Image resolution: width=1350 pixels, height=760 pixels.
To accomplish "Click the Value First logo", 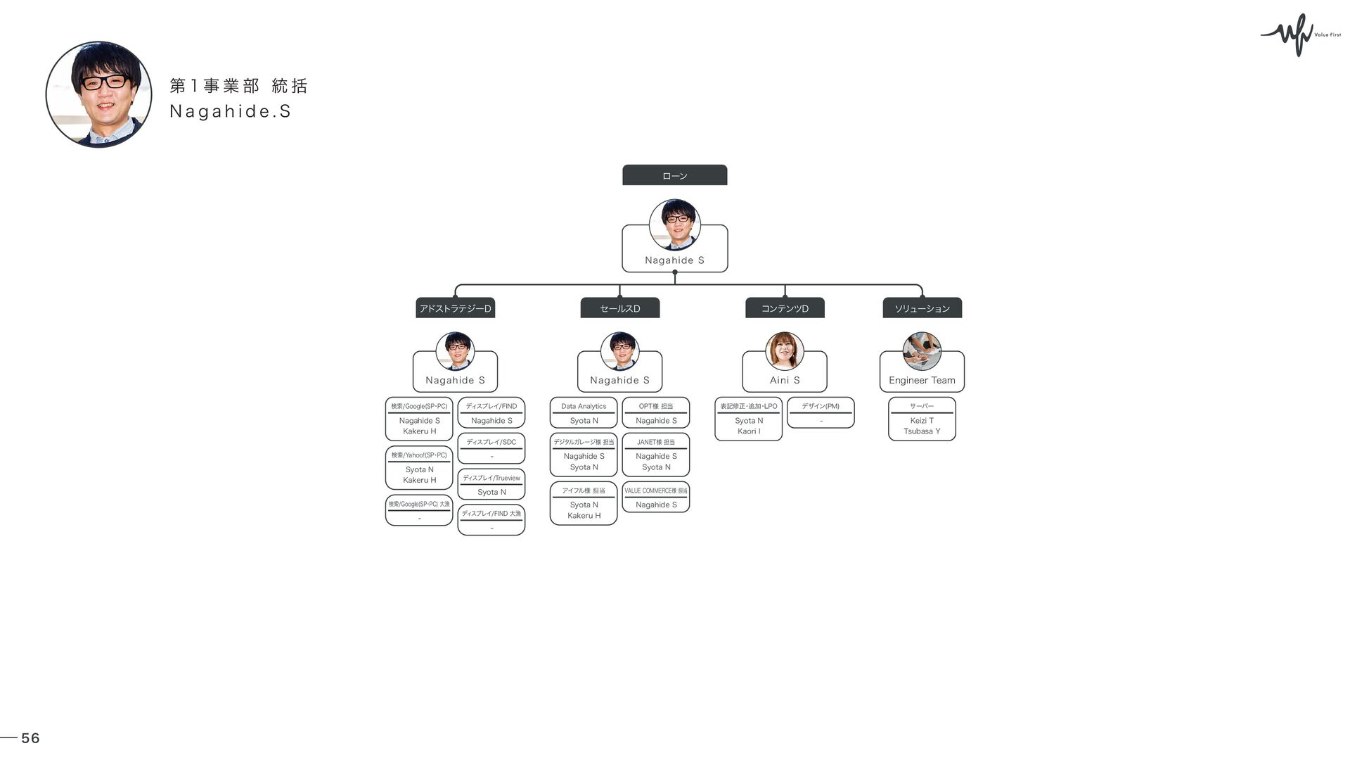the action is (x=1300, y=34).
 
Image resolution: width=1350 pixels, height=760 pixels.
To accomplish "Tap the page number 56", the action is (x=30, y=737).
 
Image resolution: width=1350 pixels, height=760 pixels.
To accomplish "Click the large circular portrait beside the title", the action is (x=98, y=94).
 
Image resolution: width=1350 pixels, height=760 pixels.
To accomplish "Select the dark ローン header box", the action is (x=674, y=175).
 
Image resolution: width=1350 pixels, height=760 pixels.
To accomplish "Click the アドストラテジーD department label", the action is (x=455, y=308).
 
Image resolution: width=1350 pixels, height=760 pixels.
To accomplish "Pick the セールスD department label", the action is (x=619, y=308).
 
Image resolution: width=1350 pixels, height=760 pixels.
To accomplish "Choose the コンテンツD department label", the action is (x=785, y=308).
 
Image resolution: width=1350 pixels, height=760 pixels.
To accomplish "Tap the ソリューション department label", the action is (x=922, y=308).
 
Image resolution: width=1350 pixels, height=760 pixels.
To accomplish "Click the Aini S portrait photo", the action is (x=784, y=350).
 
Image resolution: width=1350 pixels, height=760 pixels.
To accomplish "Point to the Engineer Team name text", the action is (x=922, y=380).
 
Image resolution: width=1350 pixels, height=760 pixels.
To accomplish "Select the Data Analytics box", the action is (x=584, y=412).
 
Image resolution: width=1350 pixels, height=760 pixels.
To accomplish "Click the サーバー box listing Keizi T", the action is (x=922, y=419).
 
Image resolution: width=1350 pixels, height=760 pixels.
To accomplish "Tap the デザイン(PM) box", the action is (x=821, y=412).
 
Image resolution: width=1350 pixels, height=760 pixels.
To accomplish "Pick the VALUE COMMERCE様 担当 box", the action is (x=655, y=497).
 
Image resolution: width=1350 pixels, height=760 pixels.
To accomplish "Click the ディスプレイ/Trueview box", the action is (x=491, y=484).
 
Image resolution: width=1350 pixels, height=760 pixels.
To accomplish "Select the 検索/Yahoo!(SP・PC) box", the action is (x=419, y=467).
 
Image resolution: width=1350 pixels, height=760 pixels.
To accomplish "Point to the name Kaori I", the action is (x=749, y=431).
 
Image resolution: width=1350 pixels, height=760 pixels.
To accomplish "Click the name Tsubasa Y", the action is (x=922, y=431).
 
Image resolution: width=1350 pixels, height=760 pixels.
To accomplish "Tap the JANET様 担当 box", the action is (x=655, y=455).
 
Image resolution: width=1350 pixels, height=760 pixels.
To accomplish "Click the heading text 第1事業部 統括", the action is (x=238, y=86).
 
